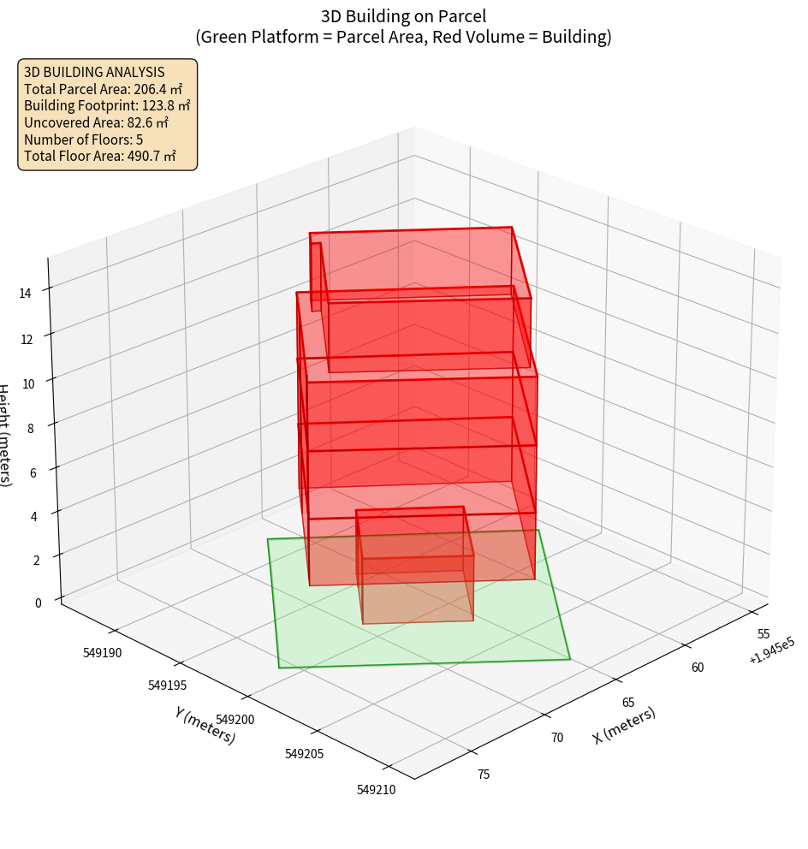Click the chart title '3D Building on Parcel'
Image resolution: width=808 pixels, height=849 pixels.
pyautogui.click(x=403, y=15)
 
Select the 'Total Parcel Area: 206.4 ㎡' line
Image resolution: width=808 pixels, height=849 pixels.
pyautogui.click(x=103, y=89)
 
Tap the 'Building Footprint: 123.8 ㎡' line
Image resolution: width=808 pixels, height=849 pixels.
pyautogui.click(x=107, y=106)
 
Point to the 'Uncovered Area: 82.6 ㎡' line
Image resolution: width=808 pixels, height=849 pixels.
pyautogui.click(x=101, y=122)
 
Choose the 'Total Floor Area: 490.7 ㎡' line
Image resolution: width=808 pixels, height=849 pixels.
pyautogui.click(x=100, y=156)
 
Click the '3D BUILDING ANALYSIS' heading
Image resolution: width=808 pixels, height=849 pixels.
pyautogui.click(x=94, y=72)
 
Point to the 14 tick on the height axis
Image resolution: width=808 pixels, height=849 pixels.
pyautogui.click(x=25, y=294)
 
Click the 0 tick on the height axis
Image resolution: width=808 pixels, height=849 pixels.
pyautogui.click(x=38, y=603)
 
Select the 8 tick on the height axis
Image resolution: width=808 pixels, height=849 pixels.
pyautogui.click(x=30, y=428)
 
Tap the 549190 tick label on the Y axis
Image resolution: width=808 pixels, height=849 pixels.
pyautogui.click(x=103, y=653)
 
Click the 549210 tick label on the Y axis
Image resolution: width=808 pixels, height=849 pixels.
pyautogui.click(x=376, y=790)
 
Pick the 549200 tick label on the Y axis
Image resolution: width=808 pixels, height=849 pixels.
pyautogui.click(x=235, y=720)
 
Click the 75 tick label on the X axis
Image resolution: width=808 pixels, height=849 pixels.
pyautogui.click(x=483, y=775)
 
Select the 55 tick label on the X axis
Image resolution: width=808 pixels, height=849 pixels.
pyautogui.click(x=763, y=634)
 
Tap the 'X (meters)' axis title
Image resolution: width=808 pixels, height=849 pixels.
pyautogui.click(x=625, y=725)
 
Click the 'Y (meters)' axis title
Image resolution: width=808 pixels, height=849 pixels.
pyautogui.click(x=205, y=724)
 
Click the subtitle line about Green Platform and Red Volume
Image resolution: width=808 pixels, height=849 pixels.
pyautogui.click(x=403, y=37)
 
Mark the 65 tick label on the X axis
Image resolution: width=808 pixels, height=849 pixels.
pyautogui.click(x=627, y=702)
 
